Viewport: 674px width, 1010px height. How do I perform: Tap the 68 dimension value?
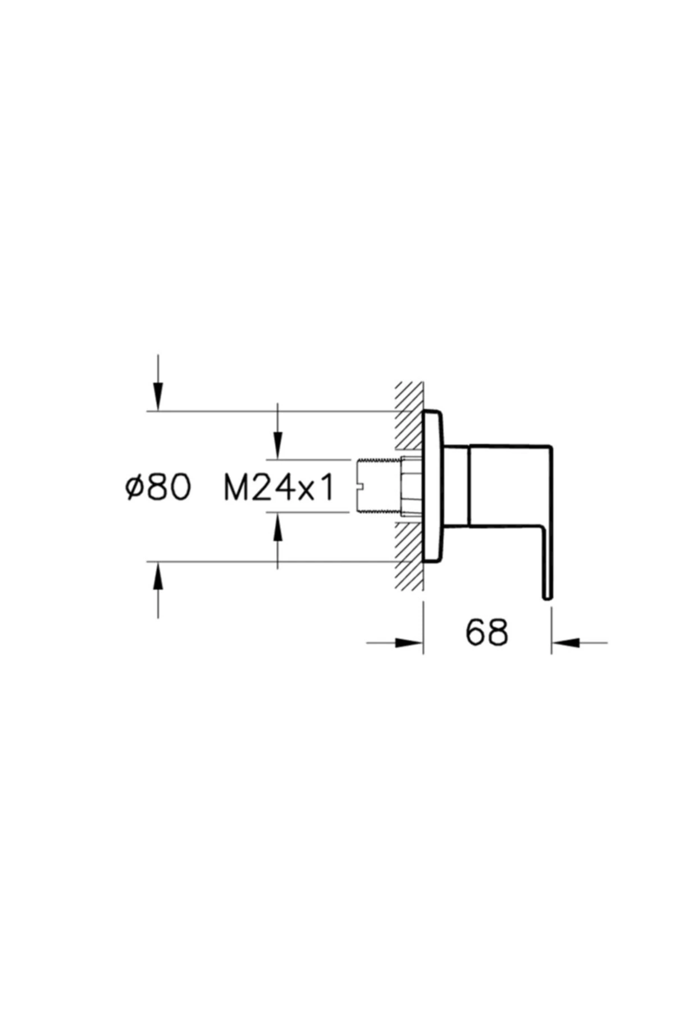pos(486,632)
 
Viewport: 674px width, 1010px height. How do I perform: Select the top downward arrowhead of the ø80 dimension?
pos(158,397)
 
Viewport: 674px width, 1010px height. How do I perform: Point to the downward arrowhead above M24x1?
pos(277,445)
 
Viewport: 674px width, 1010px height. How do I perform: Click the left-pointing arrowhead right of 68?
pos(566,643)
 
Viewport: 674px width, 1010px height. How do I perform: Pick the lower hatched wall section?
pos(408,555)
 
